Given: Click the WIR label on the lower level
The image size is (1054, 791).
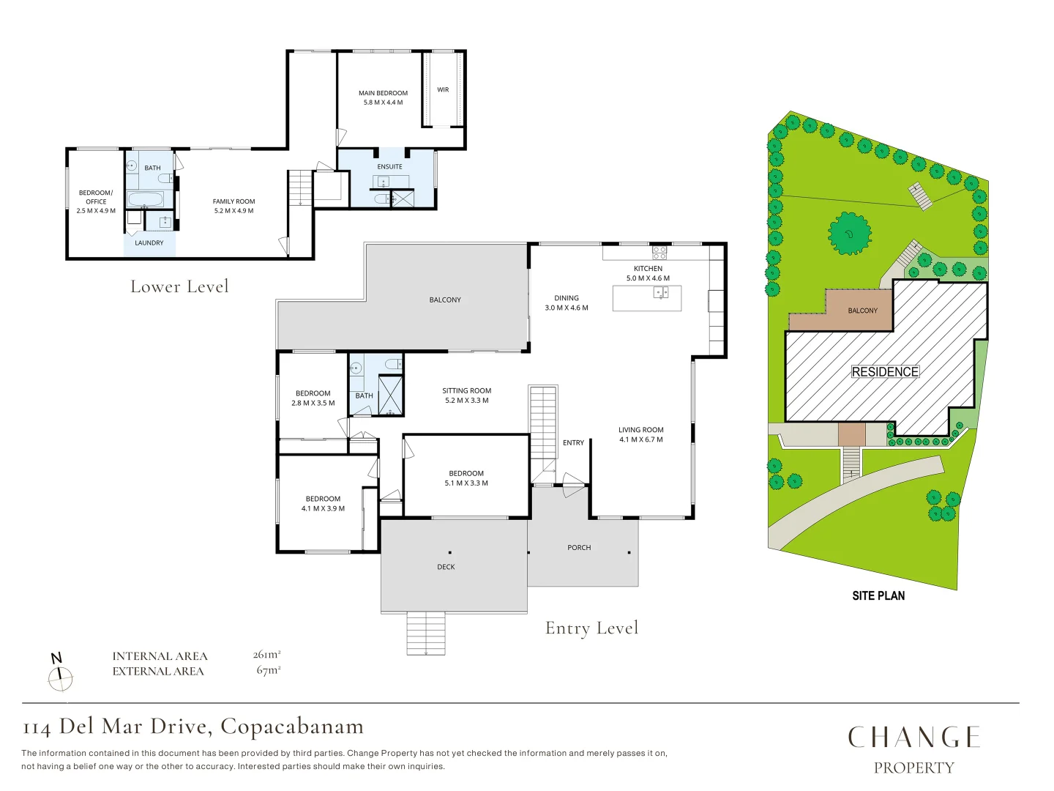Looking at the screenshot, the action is (x=443, y=90).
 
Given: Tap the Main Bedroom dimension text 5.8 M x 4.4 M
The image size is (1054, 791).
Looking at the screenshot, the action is (x=384, y=103).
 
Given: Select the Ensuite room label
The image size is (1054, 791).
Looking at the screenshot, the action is (x=389, y=167).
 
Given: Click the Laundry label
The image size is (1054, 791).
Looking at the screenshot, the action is (x=149, y=243).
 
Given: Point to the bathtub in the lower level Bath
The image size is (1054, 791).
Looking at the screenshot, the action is (x=146, y=199).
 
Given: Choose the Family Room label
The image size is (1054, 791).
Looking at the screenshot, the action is (x=233, y=201).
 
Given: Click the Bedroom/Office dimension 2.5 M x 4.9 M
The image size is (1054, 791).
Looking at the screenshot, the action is (x=96, y=211).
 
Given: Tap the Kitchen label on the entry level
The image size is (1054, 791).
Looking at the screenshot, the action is (x=648, y=269).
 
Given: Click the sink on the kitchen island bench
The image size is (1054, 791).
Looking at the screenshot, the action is (x=661, y=292).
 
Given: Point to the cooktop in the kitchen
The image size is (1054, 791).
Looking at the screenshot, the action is (x=659, y=253).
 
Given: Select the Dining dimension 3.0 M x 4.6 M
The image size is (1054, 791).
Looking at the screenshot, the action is (x=566, y=308).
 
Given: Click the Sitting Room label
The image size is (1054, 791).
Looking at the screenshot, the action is (x=467, y=391).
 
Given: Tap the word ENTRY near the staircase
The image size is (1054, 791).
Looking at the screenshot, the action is (x=573, y=443).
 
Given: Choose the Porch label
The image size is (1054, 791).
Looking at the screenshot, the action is (x=579, y=548).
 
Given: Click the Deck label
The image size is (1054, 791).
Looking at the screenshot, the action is (x=446, y=567).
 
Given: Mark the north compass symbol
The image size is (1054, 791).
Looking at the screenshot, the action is (x=60, y=674).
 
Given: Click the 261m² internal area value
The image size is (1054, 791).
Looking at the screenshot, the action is (x=266, y=654).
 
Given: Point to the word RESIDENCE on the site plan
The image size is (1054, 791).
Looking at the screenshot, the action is (x=885, y=372).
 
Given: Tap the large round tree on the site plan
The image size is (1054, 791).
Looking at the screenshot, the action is (x=850, y=234).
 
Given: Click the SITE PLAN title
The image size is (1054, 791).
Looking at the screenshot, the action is (x=878, y=596).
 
